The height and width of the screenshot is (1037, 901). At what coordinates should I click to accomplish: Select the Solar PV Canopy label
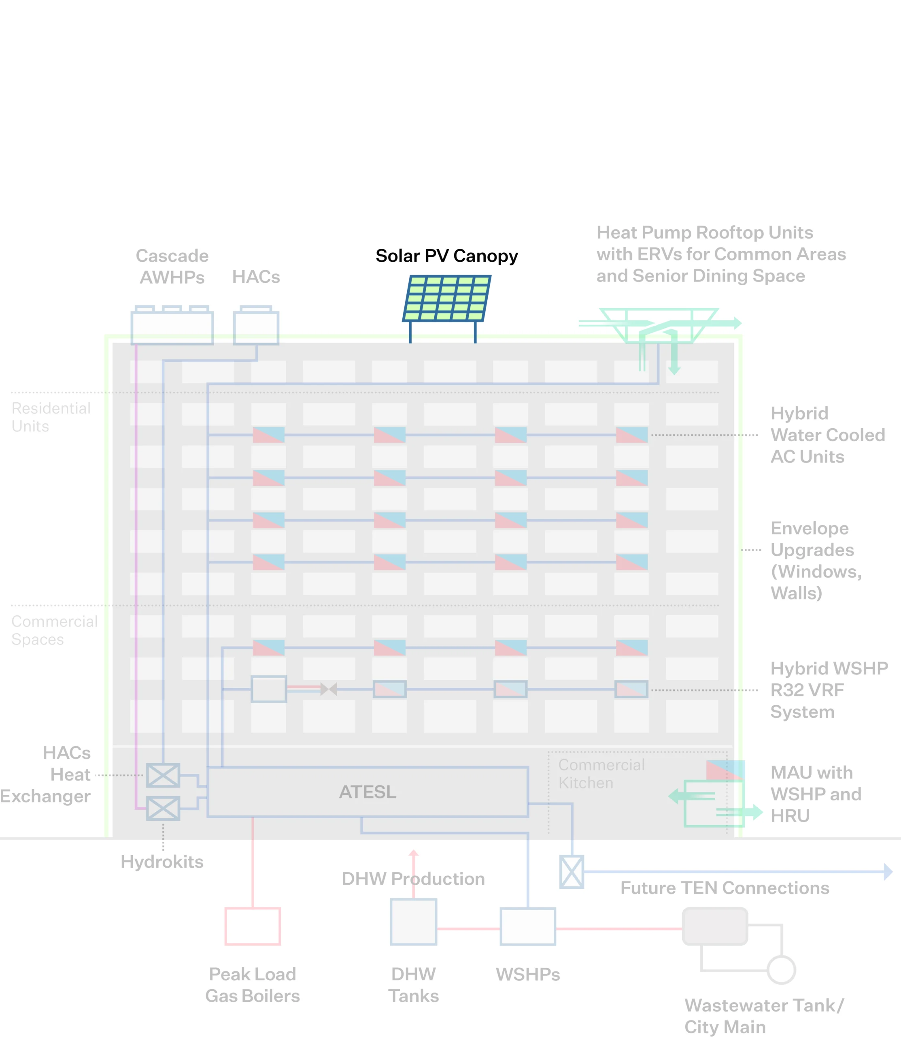pyautogui.click(x=446, y=256)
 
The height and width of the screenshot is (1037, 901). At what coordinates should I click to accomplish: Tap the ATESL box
pyautogui.click(x=368, y=792)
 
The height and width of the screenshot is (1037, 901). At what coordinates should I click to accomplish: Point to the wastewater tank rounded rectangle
pyautogui.click(x=714, y=926)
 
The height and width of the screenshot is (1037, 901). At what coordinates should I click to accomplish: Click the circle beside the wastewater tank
pyautogui.click(x=781, y=970)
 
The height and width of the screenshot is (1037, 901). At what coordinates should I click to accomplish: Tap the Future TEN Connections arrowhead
pyautogui.click(x=888, y=871)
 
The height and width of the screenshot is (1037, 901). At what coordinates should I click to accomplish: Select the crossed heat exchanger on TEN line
pyautogui.click(x=572, y=871)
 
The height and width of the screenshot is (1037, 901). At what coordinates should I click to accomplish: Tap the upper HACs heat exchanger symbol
pyautogui.click(x=163, y=775)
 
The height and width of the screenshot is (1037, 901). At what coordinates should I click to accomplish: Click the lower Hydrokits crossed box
pyautogui.click(x=163, y=808)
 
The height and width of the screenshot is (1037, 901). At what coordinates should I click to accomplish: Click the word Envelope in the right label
pyautogui.click(x=810, y=528)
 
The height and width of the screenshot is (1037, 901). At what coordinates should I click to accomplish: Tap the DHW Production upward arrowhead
pyautogui.click(x=413, y=853)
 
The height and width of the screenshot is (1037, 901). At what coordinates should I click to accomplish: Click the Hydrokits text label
pyautogui.click(x=162, y=862)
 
